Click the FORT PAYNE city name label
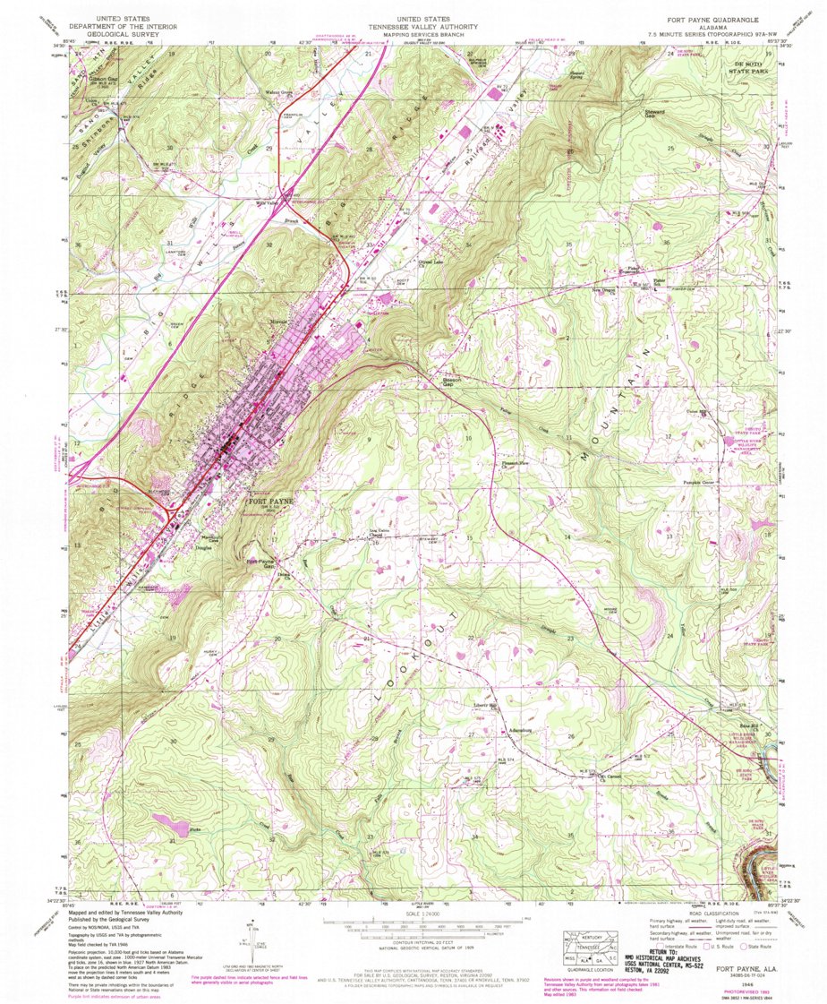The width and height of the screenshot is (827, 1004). coord(269,502)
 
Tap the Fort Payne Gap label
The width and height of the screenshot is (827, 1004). coord(260,565)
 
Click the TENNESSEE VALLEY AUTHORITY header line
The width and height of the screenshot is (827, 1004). coord(413,26)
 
